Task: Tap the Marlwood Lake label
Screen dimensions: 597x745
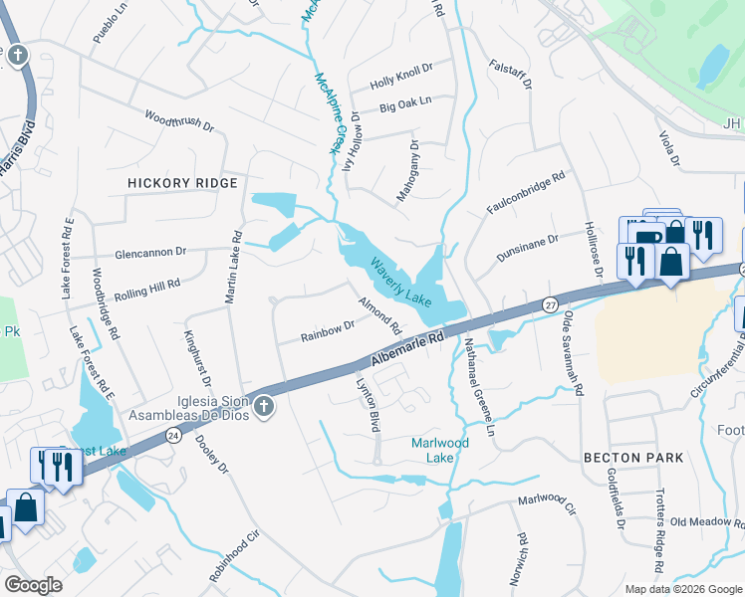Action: click(439, 450)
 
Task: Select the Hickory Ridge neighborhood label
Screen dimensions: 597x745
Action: click(182, 183)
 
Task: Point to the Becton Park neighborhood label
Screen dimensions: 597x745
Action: click(634, 457)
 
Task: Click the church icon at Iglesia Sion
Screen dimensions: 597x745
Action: click(264, 406)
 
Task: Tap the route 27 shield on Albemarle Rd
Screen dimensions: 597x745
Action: click(550, 304)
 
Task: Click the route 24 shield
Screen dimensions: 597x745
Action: click(173, 435)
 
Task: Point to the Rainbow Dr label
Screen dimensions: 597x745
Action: click(329, 331)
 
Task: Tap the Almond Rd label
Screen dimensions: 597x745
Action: click(379, 314)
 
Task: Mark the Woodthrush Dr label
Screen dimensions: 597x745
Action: click(179, 121)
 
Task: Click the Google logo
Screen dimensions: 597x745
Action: click(34, 585)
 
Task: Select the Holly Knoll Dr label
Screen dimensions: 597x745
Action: click(401, 71)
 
